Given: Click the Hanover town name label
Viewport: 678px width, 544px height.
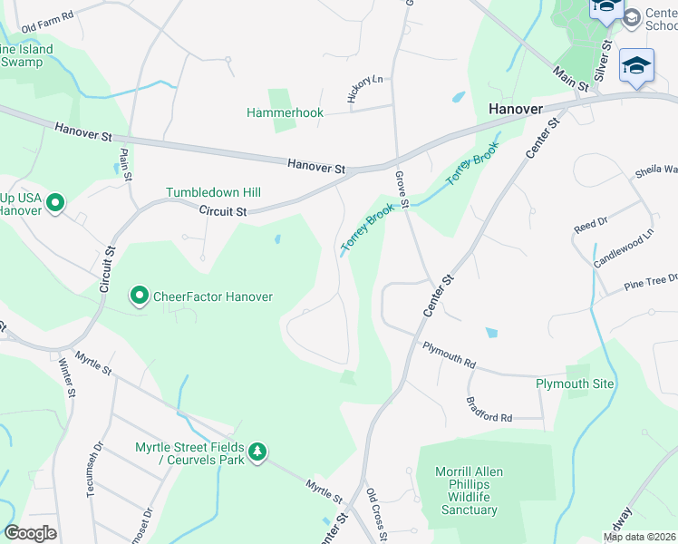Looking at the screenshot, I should coord(515,108).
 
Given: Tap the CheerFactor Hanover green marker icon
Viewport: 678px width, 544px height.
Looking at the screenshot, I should coord(140,296).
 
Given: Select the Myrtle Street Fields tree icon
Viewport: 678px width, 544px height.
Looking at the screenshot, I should coord(257,452).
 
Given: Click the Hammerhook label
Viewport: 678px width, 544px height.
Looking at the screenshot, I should coord(285,112).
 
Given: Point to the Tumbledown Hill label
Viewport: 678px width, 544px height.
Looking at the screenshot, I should coord(213,192).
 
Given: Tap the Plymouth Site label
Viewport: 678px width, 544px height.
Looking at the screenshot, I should coord(574,384).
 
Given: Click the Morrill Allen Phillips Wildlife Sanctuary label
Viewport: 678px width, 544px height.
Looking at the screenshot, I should coord(470,491).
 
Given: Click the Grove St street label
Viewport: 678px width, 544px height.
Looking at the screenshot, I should coord(402,189).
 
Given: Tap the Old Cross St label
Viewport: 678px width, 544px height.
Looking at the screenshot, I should coord(377,515).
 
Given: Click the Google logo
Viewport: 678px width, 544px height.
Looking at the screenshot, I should coord(30,533).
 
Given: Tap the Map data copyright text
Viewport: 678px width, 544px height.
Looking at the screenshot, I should coord(639,537).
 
